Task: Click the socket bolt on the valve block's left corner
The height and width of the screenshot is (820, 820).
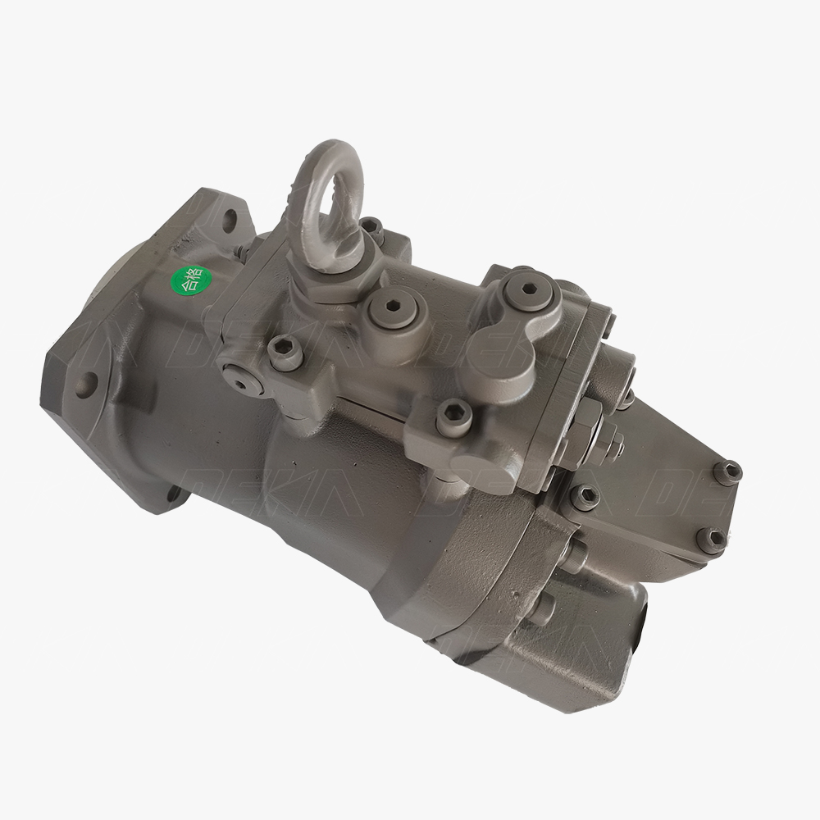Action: (285, 353)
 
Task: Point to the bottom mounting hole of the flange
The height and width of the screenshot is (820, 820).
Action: (175, 494)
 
